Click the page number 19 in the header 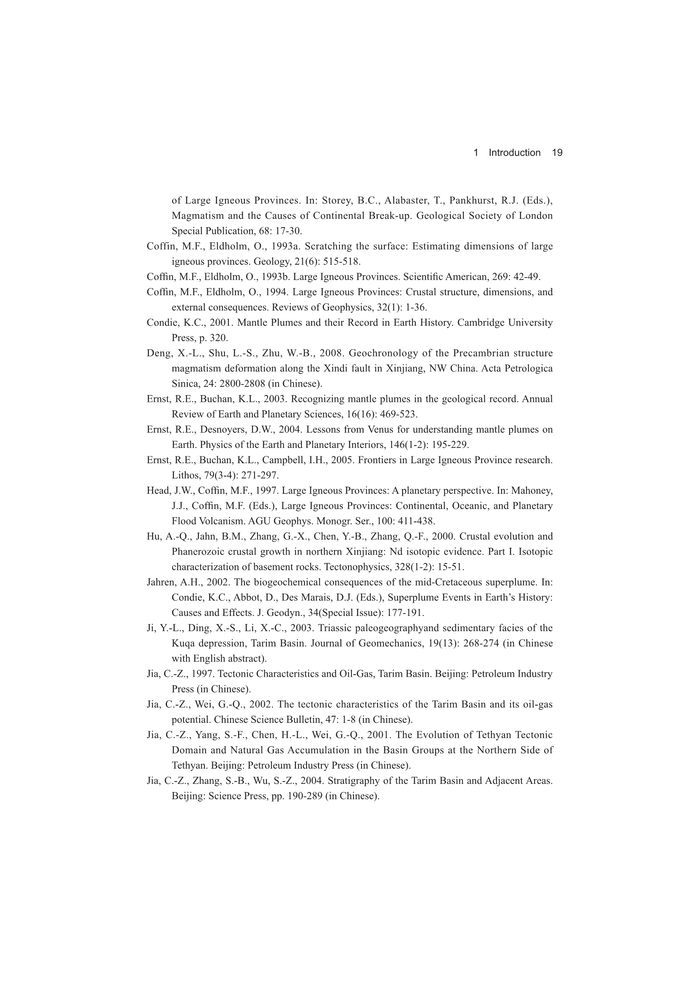click(x=557, y=152)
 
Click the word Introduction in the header click(x=514, y=152)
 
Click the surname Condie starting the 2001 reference click(x=160, y=323)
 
